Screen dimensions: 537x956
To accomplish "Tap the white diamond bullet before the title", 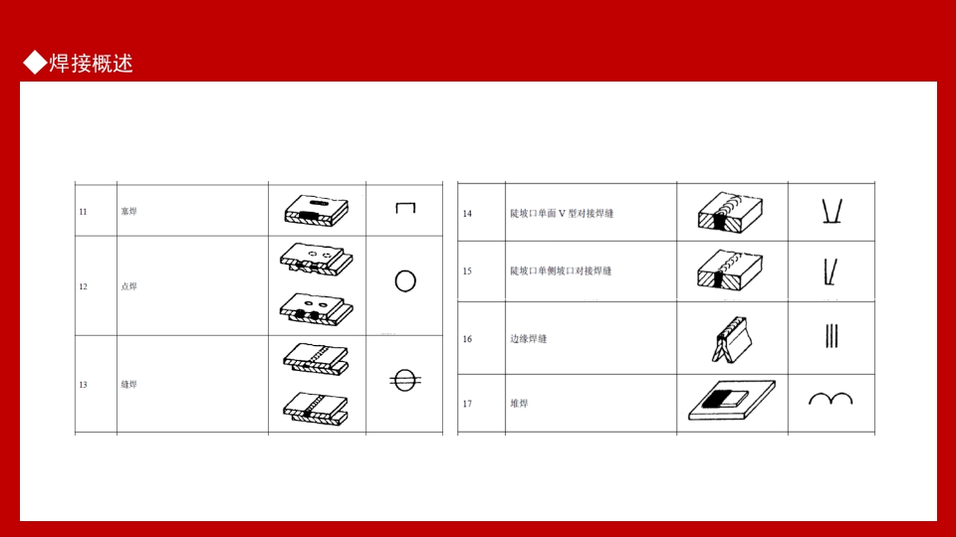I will (x=35, y=63).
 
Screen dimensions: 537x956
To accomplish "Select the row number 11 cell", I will (x=84, y=211).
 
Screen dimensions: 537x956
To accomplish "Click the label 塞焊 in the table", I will (x=128, y=211).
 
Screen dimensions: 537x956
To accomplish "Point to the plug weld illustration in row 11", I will (x=317, y=210).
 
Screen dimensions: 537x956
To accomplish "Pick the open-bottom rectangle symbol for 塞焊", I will (x=404, y=209).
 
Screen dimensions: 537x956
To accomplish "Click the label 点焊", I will (x=128, y=286).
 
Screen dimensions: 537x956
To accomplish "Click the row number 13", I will (x=84, y=384).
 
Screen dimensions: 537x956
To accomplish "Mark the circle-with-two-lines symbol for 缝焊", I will (x=402, y=380).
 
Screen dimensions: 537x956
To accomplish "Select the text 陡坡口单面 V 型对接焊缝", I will (x=562, y=214).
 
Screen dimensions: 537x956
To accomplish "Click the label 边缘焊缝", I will (x=528, y=339).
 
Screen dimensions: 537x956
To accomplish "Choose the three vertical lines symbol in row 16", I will (x=832, y=336).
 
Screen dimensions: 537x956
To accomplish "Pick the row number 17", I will (x=467, y=404).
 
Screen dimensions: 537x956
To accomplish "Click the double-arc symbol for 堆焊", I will (x=830, y=399).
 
